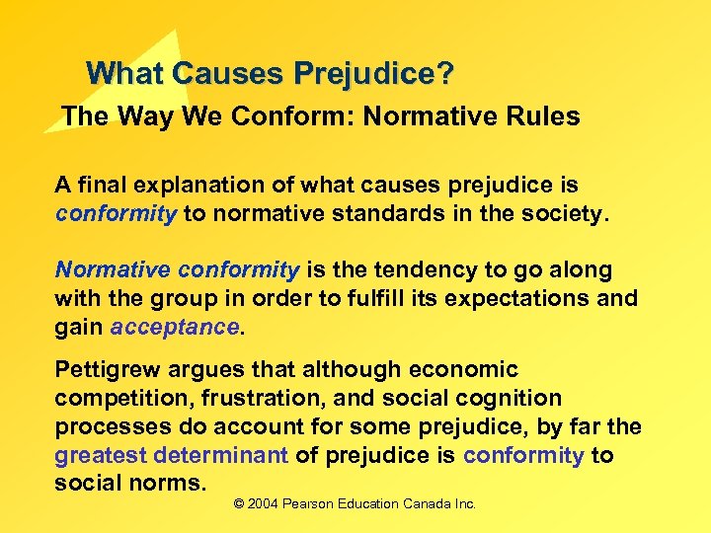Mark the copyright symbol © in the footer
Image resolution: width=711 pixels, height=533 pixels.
[239, 504]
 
